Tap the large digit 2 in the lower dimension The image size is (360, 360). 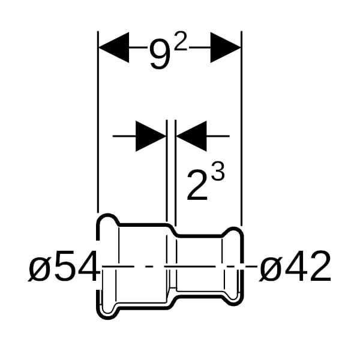pos(197,185)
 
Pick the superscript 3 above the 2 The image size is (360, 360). pos(217,172)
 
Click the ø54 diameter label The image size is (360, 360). pos(64,266)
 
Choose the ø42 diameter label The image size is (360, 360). pos(295,266)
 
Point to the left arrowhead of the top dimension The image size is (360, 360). pos(113,47)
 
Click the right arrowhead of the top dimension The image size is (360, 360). pos(226,47)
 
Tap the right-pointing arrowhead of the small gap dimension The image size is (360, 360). pos(151,136)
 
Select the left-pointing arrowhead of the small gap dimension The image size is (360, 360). pos(191,136)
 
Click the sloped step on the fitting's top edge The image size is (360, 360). pos(172,230)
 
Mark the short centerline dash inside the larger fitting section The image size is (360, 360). pos(149,266)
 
